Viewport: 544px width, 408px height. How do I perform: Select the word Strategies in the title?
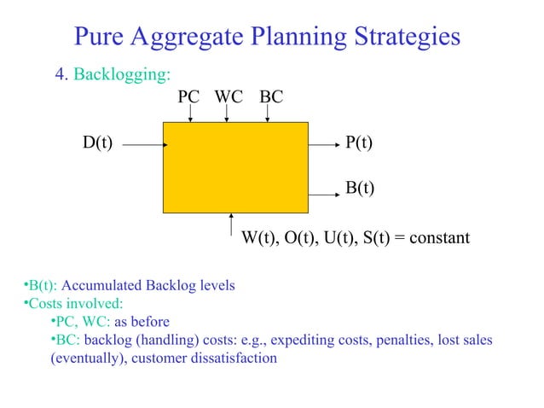point(403,37)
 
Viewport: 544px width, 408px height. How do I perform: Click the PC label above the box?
point(188,97)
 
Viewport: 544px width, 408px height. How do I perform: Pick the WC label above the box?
point(229,97)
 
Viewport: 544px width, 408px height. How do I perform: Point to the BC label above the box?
point(270,97)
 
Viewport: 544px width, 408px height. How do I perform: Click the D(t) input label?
point(98,143)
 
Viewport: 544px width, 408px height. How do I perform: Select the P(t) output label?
point(358,143)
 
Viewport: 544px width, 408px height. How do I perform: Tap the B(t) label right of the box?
point(358,187)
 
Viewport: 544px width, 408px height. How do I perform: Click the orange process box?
point(235,166)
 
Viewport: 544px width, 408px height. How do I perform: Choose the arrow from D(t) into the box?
point(142,144)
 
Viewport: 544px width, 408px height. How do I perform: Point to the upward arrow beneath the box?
point(231,224)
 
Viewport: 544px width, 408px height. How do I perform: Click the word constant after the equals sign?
point(439,238)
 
